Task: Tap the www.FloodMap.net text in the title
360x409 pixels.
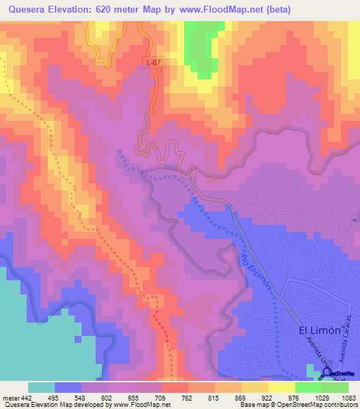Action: [215, 9]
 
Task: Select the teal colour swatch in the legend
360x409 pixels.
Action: [41, 387]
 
